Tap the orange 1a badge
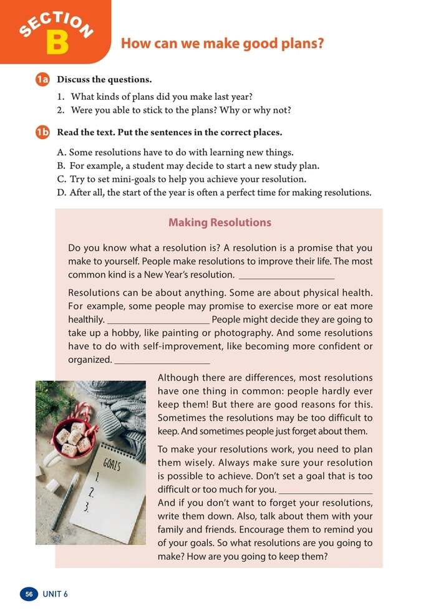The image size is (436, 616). pyautogui.click(x=42, y=80)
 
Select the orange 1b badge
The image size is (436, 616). pyautogui.click(x=42, y=132)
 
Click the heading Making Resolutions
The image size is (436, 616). pyautogui.click(x=220, y=223)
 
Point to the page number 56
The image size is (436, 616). pyautogui.click(x=29, y=594)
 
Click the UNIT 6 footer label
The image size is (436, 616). pyautogui.click(x=55, y=594)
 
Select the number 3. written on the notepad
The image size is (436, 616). pyautogui.click(x=87, y=508)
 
